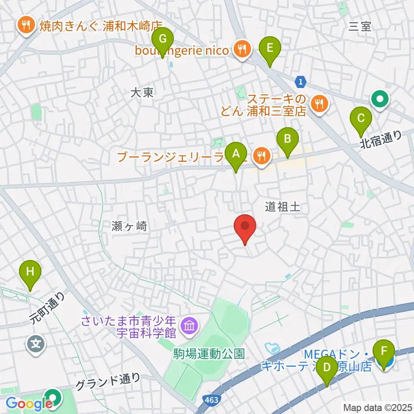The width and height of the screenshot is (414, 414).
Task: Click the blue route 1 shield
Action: [301, 81]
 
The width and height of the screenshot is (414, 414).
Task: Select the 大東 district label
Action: [142, 92]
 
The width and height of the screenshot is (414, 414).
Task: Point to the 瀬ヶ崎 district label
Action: [129, 226]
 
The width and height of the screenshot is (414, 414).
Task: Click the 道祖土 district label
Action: [282, 207]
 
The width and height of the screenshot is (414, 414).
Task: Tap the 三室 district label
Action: [360, 27]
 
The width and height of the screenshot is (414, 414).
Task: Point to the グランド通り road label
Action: [108, 381]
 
